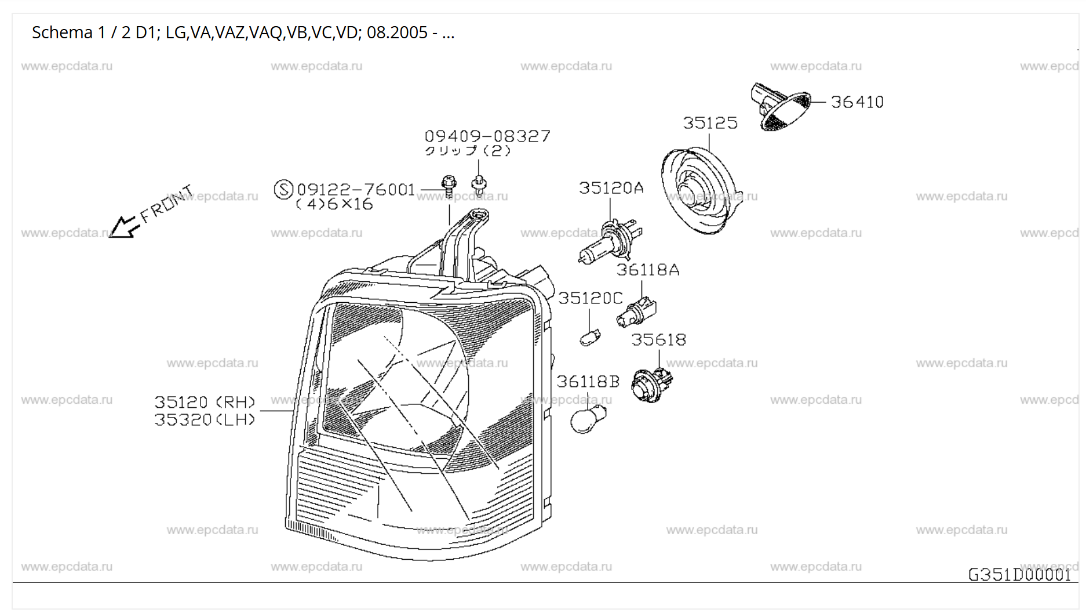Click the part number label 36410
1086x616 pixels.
click(x=857, y=102)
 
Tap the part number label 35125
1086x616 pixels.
click(x=710, y=123)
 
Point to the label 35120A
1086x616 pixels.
click(x=611, y=188)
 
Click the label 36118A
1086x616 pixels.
click(x=647, y=270)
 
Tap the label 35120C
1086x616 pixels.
click(x=590, y=298)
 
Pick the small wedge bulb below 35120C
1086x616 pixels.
click(x=590, y=337)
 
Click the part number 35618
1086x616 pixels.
click(x=658, y=340)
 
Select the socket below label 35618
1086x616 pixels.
click(x=651, y=385)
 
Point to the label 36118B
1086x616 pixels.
click(x=588, y=382)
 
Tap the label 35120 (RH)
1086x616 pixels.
click(x=205, y=402)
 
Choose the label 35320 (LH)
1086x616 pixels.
click(x=205, y=420)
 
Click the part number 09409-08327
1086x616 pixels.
click(x=487, y=136)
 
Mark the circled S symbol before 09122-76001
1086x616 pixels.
click(x=283, y=190)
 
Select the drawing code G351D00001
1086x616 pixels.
click(x=1019, y=574)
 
